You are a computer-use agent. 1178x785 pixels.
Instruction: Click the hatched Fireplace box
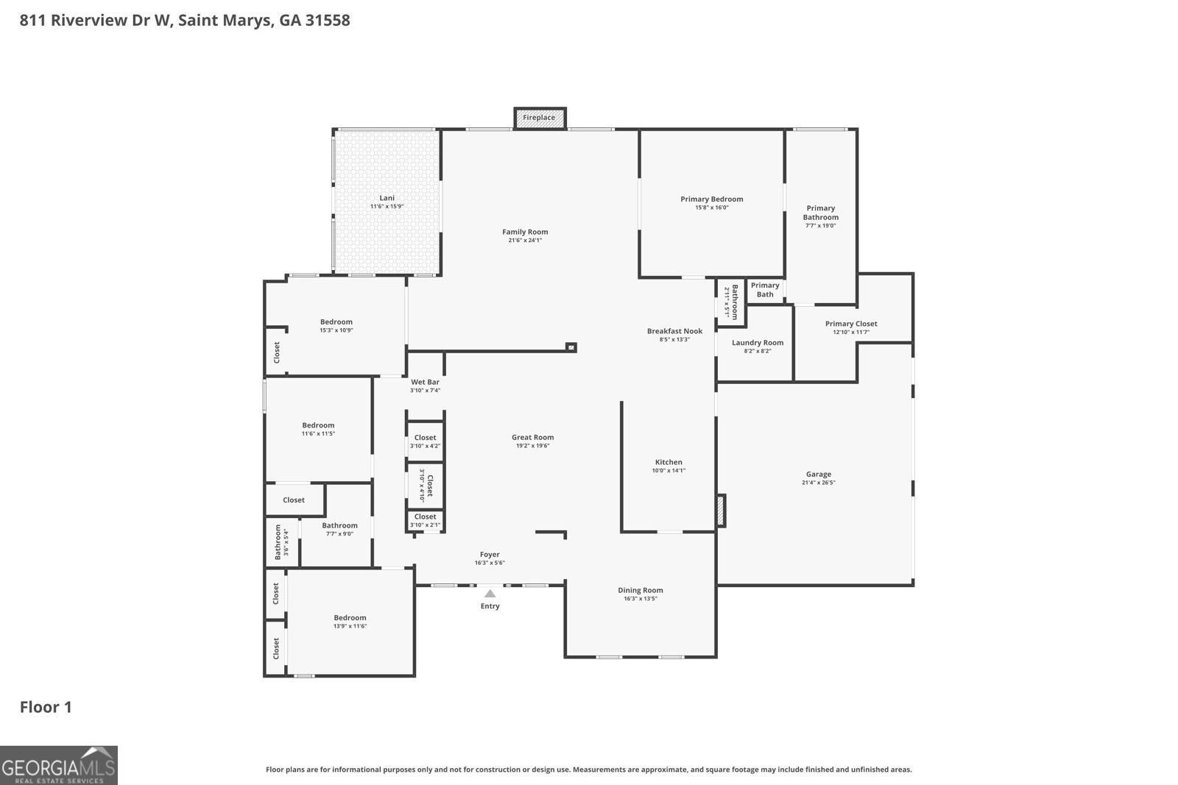point(540,118)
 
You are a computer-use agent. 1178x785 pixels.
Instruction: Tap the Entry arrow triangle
point(490,593)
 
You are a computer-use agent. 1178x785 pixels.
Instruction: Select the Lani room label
point(387,198)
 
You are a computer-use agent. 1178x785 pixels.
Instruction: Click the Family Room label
point(525,232)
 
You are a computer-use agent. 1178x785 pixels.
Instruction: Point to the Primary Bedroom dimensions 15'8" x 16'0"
point(711,207)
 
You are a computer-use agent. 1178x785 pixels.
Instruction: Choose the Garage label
point(818,475)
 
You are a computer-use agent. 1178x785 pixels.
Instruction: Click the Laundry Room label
point(757,343)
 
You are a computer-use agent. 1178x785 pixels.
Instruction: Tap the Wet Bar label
point(425,382)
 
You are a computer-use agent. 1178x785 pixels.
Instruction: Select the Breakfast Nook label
point(674,331)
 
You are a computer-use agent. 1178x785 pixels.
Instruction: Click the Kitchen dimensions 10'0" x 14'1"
point(669,471)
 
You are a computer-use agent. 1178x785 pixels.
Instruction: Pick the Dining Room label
point(640,590)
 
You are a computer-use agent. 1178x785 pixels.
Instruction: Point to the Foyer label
point(490,555)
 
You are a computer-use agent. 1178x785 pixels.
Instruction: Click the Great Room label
point(532,438)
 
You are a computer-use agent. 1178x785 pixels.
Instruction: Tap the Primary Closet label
point(850,324)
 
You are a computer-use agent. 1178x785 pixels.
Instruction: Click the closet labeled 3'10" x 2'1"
point(425,520)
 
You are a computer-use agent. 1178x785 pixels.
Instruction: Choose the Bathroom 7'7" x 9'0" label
point(339,525)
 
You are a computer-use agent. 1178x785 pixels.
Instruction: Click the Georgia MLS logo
point(58,765)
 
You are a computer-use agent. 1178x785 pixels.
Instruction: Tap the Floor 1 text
point(46,707)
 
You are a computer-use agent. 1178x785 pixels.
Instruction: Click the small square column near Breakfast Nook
point(571,347)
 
